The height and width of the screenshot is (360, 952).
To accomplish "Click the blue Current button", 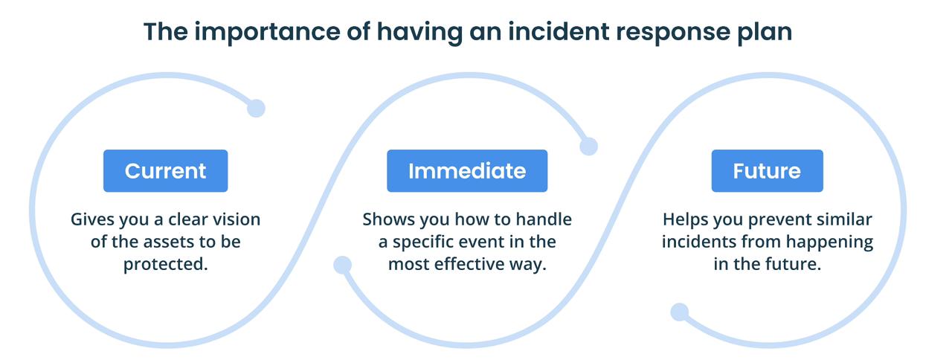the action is tap(165, 171).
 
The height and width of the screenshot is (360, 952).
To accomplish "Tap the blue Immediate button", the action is tap(467, 171).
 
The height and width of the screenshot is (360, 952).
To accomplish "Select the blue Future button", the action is tap(767, 171).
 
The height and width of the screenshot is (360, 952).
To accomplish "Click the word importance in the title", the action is tap(266, 32).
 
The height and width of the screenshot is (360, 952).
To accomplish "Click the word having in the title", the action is tap(419, 32).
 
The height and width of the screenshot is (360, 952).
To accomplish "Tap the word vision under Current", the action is tap(237, 219).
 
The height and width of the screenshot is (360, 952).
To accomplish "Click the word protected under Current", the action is tap(165, 264).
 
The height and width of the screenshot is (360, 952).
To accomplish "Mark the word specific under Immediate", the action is tap(432, 242).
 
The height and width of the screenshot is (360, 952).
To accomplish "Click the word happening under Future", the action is tap(829, 242).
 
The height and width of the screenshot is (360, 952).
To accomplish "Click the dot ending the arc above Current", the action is tap(256, 108).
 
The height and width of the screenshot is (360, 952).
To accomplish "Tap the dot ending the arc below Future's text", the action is tap(680, 312).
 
